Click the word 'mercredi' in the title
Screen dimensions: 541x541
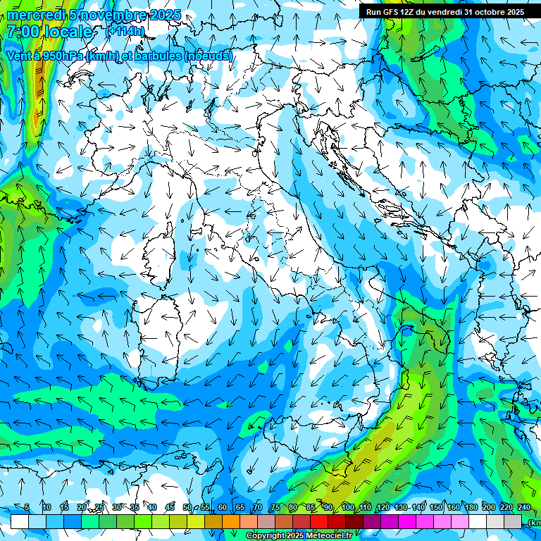pos(35,15)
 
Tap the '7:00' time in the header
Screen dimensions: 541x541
pos(23,32)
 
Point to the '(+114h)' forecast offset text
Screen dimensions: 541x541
pos(125,31)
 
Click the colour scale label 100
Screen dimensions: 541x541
pos(347,507)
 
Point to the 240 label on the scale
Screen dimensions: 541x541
pos(524,507)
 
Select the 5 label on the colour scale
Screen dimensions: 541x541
pos(27,507)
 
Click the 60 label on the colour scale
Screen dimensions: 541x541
pos(223,507)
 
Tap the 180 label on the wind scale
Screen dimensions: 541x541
pos(470,507)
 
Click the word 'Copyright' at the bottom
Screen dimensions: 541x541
pos(266,536)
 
